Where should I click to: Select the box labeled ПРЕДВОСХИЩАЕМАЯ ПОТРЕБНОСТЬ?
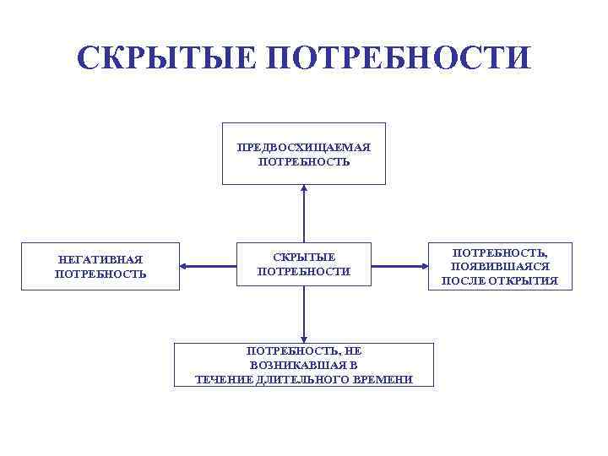(x=304, y=153)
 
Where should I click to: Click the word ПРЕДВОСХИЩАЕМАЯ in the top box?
(x=304, y=147)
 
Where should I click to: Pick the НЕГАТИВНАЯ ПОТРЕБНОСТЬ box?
(x=100, y=267)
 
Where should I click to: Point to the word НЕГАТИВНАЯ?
(x=100, y=260)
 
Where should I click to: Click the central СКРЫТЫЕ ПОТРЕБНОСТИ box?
(x=303, y=265)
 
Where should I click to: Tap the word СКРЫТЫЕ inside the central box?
(x=303, y=257)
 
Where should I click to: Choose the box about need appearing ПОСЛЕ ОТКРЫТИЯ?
(x=500, y=266)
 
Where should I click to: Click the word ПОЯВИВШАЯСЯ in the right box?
(x=500, y=266)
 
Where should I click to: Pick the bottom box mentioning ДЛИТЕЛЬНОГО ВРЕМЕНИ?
(x=304, y=365)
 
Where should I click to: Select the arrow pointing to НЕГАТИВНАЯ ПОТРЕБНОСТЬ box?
(x=208, y=266)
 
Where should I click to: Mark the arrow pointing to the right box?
(x=400, y=266)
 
